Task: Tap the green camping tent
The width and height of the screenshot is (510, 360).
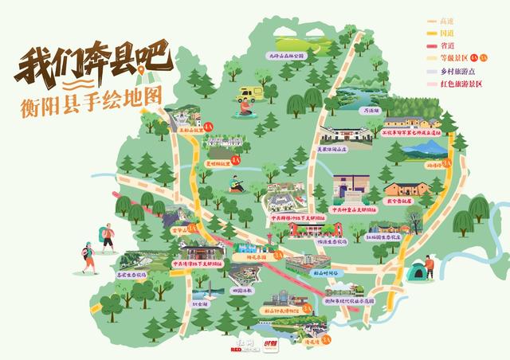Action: coord(417,272)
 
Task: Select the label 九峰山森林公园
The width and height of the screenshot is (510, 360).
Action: coord(287,57)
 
